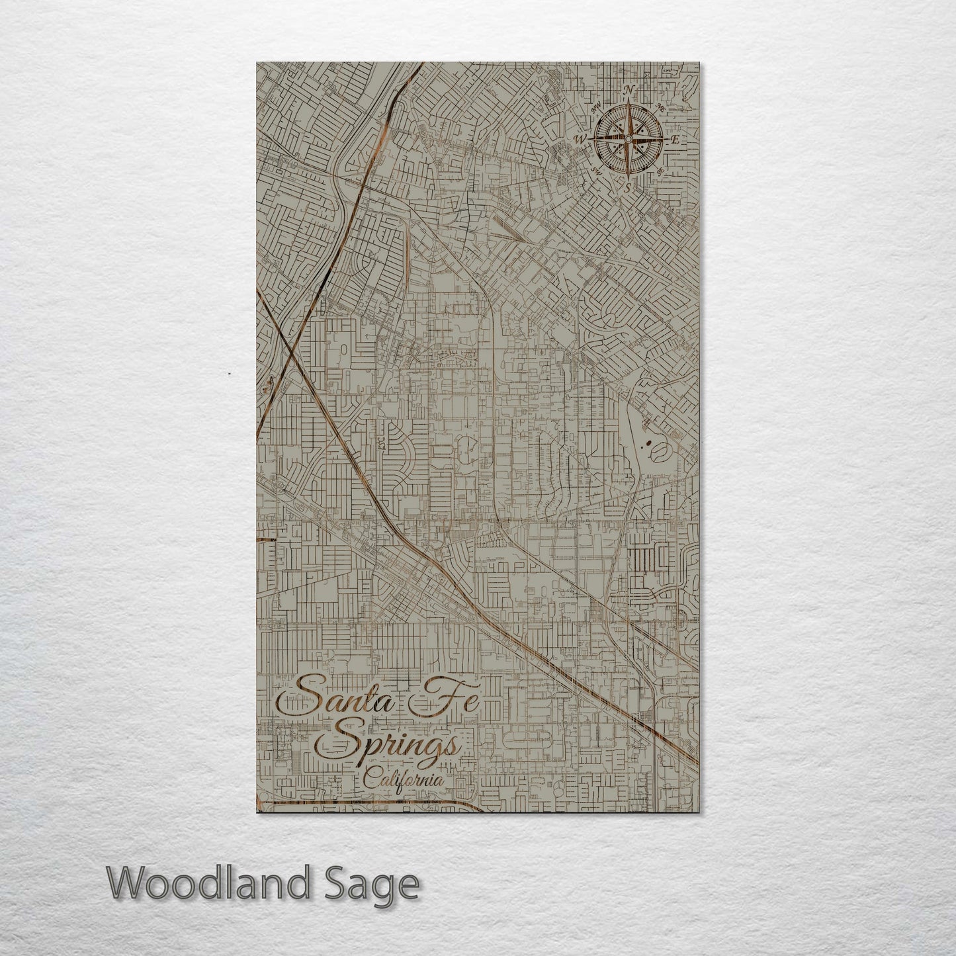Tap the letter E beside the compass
click(675, 140)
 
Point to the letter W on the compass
click(582, 139)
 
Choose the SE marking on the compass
click(660, 171)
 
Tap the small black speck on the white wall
click(228, 374)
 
